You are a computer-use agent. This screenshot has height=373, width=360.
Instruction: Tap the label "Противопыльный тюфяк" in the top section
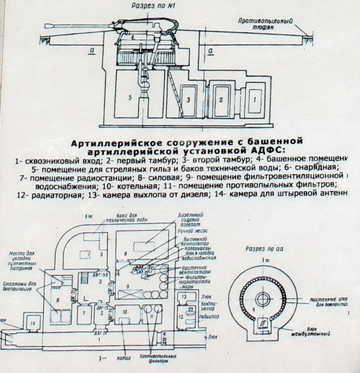[x=266, y=24]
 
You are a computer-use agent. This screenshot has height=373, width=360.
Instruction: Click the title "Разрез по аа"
[x=265, y=251]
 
